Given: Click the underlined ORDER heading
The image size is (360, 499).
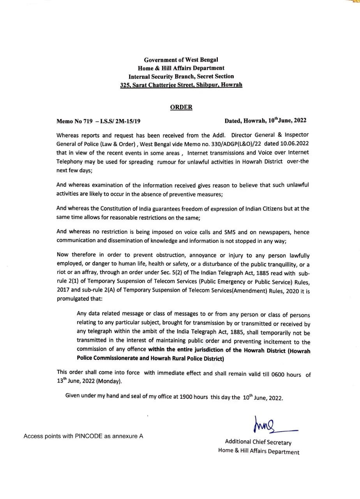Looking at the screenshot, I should (181, 107).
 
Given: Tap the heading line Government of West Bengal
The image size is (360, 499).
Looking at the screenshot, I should (181, 60).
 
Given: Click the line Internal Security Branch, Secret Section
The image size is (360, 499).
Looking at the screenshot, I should (181, 76).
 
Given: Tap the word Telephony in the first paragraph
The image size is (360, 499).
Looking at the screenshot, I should (71, 161).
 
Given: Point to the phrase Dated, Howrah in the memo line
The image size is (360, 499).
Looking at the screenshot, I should (245, 120).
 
